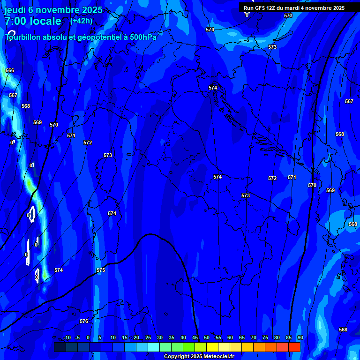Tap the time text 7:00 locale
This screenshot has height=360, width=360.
tap(33, 21)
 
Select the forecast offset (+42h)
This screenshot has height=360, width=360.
tap(81, 21)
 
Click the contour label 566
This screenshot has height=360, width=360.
tap(10, 70)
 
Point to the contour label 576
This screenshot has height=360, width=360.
tap(84, 321)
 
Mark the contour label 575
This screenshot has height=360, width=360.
tap(101, 270)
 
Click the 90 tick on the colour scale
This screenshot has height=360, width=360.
tap(300, 337)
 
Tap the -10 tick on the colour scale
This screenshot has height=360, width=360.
tap(67, 337)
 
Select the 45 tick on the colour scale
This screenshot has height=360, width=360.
tap(195, 337)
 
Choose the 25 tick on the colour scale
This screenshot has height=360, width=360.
tap(148, 337)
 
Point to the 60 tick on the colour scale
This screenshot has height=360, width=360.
tap(230, 337)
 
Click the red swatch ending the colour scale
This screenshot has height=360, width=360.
tap(294, 347)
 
